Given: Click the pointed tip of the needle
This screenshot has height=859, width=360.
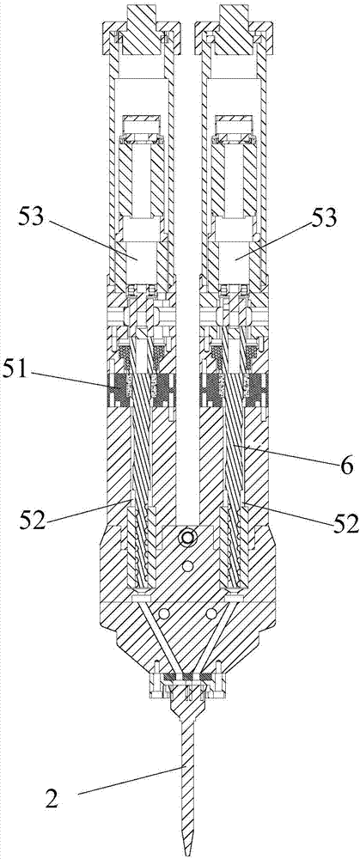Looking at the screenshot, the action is coord(187,856).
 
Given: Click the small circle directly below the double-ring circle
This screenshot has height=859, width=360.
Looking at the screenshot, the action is coord(188,564).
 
